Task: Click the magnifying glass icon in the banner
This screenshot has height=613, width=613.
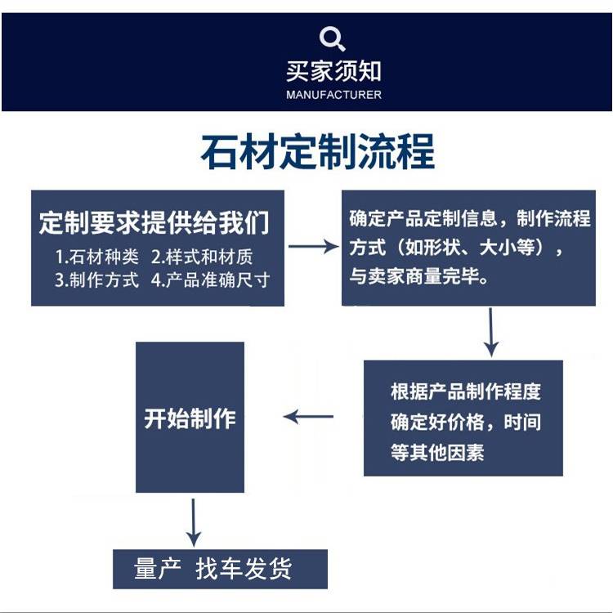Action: [x=332, y=38]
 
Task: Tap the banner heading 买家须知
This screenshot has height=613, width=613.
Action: [x=333, y=72]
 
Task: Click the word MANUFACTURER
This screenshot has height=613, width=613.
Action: [x=333, y=95]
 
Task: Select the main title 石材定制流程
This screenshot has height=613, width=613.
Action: [x=317, y=152]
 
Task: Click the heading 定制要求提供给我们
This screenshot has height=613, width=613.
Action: [x=154, y=222]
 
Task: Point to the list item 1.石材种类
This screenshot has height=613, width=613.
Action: [x=97, y=257]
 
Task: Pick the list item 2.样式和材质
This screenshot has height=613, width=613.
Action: [x=202, y=257]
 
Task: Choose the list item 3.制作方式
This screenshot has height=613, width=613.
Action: [x=96, y=280]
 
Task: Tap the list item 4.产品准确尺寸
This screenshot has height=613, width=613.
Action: [x=210, y=280]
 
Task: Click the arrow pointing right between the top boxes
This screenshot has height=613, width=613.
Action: [x=314, y=247]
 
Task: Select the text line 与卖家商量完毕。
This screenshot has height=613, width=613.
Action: [x=418, y=276]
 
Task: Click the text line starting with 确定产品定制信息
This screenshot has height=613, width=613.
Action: [x=469, y=218]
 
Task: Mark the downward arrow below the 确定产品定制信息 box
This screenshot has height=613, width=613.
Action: [x=491, y=333]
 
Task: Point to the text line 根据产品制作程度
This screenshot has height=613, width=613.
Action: [x=466, y=392]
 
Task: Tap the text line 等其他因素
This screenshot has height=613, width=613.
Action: [x=437, y=452]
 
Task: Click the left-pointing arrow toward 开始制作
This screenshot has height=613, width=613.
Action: [x=308, y=416]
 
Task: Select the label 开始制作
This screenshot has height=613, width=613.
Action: [x=190, y=418]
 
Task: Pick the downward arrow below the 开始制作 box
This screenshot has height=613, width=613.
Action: [x=193, y=523]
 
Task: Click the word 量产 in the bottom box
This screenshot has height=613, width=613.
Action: [x=158, y=568]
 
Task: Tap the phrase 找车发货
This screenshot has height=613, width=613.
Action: [x=244, y=568]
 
